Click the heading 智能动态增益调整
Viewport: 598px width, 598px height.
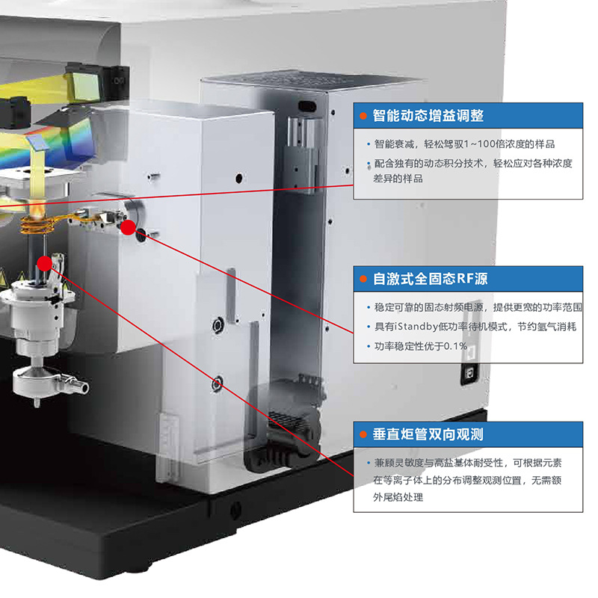[428, 116]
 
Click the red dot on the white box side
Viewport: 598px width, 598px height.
[128, 227]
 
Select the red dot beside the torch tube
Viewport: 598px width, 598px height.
[44, 263]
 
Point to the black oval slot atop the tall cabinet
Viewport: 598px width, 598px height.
[304, 105]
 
